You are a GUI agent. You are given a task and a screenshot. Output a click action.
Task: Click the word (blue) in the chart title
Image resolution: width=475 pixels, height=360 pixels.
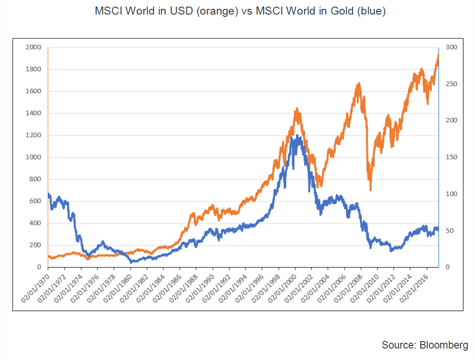(371, 11)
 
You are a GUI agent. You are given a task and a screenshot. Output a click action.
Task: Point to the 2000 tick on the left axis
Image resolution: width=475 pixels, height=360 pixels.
(34, 47)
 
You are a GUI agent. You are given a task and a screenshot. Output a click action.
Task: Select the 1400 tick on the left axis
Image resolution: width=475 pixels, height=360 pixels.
(34, 114)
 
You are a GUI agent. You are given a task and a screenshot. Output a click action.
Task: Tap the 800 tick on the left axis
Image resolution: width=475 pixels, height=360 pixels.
(36, 179)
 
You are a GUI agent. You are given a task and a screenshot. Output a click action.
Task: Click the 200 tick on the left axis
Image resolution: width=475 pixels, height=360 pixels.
(36, 245)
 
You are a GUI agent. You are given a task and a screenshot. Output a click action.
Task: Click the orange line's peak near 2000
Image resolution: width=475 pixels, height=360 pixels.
(297, 108)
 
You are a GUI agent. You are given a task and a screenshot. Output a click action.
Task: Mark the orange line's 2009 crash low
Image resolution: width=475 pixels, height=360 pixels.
(370, 189)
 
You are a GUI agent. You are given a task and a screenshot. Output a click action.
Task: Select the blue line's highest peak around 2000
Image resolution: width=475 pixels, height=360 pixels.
(297, 136)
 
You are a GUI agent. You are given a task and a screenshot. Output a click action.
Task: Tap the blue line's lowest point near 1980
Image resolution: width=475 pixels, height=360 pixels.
(131, 262)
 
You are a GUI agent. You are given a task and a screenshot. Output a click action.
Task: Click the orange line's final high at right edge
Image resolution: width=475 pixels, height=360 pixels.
(438, 55)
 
